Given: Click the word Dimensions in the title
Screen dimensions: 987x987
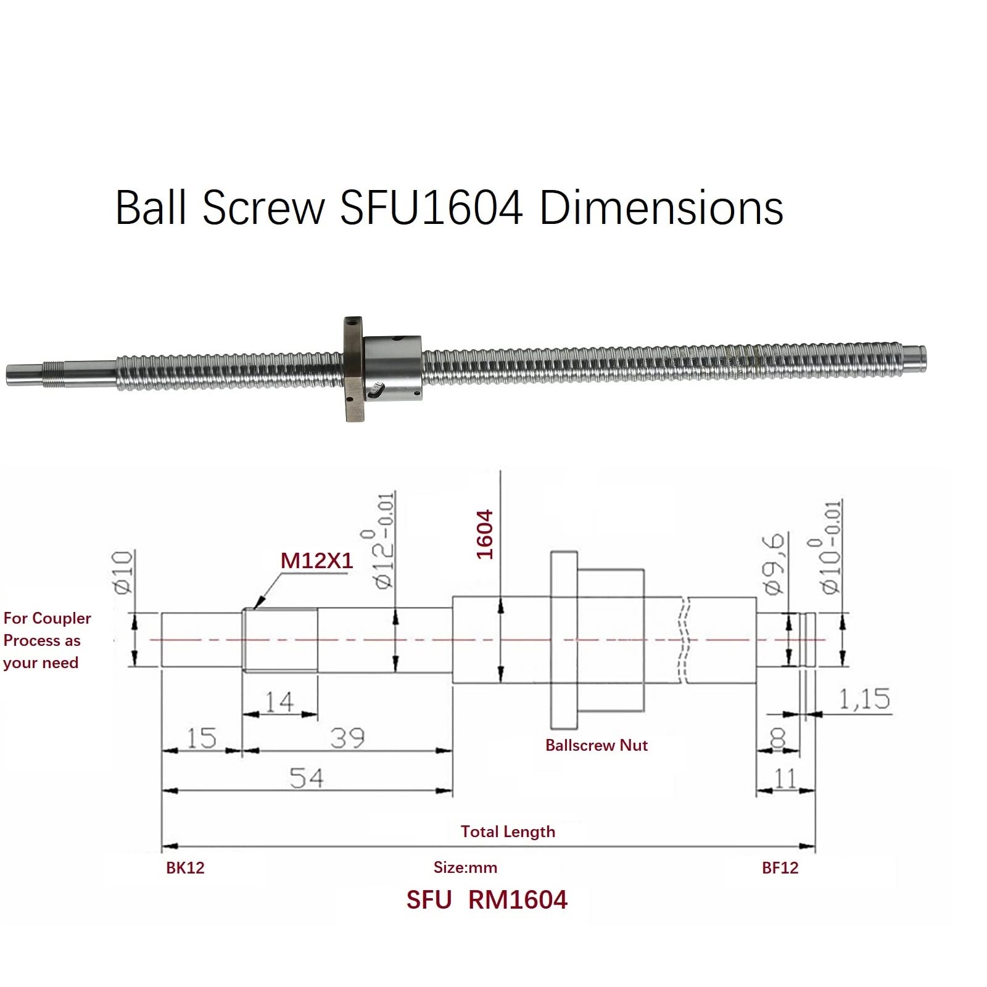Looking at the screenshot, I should click(661, 208).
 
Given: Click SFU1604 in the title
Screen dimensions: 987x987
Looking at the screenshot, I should click(431, 208).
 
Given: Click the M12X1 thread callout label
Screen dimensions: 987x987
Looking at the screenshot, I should click(316, 561).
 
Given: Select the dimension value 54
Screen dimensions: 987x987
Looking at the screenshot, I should click(307, 778).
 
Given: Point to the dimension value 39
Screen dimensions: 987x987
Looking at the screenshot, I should click(347, 738).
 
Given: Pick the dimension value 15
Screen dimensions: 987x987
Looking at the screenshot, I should click(201, 738).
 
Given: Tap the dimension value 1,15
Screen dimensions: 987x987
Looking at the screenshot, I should click(864, 699).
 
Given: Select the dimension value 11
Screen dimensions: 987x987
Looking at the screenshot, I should click(785, 778).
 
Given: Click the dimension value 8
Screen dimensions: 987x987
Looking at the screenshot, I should click(778, 738).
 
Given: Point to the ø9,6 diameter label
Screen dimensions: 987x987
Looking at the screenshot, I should click(774, 563).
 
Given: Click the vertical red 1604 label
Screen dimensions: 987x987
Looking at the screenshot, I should click(485, 534).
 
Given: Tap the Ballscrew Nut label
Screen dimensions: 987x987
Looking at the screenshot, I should click(596, 745).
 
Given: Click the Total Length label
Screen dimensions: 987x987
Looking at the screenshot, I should click(508, 832).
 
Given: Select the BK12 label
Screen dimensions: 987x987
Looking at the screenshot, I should click(185, 868).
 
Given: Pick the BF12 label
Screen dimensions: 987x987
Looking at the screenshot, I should click(780, 868).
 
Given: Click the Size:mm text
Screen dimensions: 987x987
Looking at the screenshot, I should click(465, 867).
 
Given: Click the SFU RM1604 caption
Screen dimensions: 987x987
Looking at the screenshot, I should click(486, 900).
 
